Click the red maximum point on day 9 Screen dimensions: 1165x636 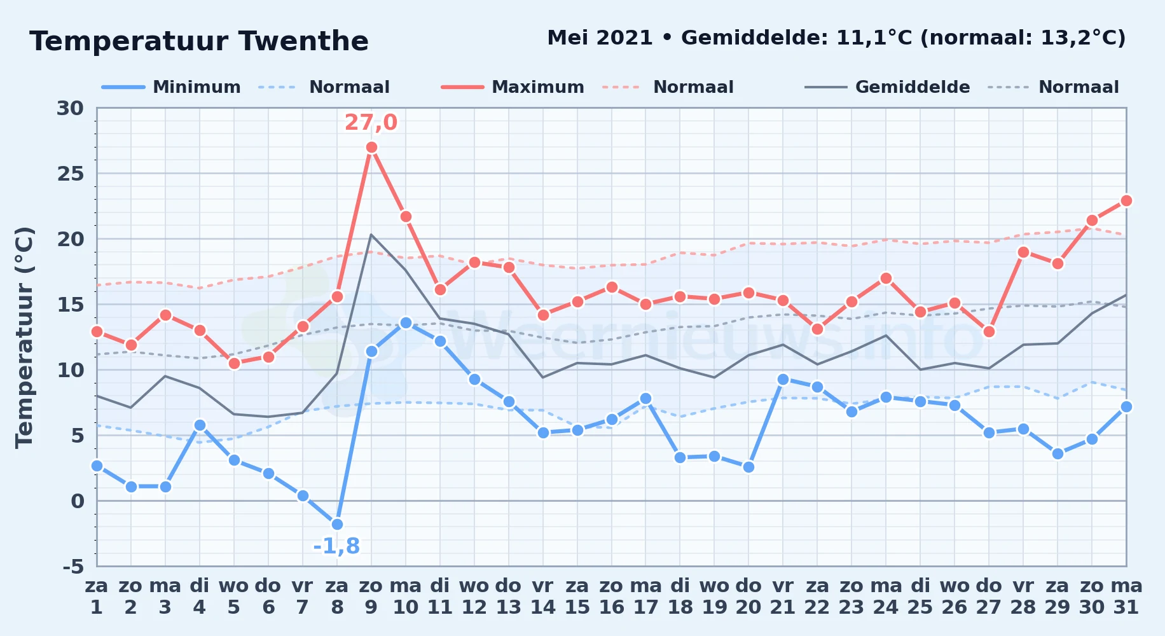pyautogui.click(x=371, y=148)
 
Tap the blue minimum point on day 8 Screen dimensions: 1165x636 pyautogui.click(x=337, y=524)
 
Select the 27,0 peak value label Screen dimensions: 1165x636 pyautogui.click(x=371, y=122)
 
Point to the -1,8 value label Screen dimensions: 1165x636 pyautogui.click(x=336, y=546)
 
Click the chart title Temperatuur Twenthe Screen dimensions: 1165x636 pyautogui.click(x=199, y=41)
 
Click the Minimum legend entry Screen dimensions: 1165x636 pyautogui.click(x=172, y=87)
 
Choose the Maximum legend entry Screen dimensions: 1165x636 pyautogui.click(x=513, y=87)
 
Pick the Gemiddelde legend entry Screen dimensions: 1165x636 pyautogui.click(x=888, y=87)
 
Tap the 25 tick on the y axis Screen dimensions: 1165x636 pyautogui.click(x=71, y=174)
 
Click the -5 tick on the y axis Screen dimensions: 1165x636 pyautogui.click(x=73, y=566)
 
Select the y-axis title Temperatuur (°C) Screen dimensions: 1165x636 pyautogui.click(x=24, y=337)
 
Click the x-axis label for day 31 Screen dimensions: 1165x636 pyautogui.click(x=1126, y=596)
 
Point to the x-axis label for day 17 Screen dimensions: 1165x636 pyautogui.click(x=646, y=596)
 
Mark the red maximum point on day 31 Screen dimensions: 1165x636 pyautogui.click(x=1126, y=200)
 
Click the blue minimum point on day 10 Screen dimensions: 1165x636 pyautogui.click(x=406, y=323)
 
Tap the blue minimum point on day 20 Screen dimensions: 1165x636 pyautogui.click(x=748, y=467)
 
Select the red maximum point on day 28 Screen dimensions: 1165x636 pyautogui.click(x=1023, y=252)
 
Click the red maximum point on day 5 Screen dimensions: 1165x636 pyautogui.click(x=234, y=363)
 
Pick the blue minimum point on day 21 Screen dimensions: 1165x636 pyautogui.click(x=783, y=379)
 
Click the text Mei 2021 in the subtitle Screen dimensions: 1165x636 pyautogui.click(x=600, y=38)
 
